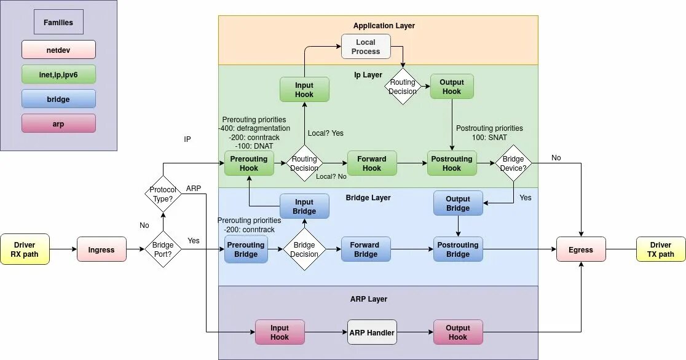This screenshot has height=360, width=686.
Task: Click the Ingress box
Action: (101, 249)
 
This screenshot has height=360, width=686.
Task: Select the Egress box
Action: (581, 249)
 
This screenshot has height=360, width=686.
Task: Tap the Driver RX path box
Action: (25, 249)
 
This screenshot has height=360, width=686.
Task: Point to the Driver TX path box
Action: (661, 249)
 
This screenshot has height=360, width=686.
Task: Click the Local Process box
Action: (366, 46)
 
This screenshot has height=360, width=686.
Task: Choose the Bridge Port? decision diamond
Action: (163, 249)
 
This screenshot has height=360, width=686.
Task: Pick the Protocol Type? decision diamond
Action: (163, 194)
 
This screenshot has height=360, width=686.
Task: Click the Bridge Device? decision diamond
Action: (513, 163)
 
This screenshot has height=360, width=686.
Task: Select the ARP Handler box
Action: (372, 332)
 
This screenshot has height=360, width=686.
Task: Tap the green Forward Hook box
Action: (372, 163)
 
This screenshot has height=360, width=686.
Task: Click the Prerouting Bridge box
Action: (246, 249)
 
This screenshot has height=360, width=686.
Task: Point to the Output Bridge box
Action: (458, 203)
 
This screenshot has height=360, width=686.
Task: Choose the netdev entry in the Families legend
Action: (58, 50)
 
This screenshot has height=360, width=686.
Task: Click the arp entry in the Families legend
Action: (58, 123)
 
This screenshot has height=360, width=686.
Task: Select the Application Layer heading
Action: (384, 25)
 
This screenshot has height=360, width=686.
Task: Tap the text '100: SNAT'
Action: (489, 138)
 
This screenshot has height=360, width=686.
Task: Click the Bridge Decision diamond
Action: (304, 249)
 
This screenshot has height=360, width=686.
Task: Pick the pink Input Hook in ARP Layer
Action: (280, 332)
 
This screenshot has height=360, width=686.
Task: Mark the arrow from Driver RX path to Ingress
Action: (63, 249)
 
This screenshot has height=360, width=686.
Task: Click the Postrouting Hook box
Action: (452, 163)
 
